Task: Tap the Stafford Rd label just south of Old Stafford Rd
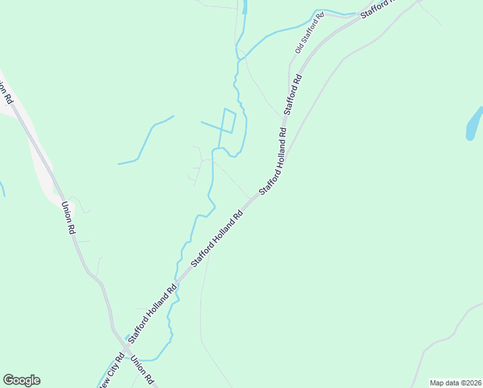(293, 94)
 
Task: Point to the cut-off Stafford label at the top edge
(376, 9)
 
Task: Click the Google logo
(21, 380)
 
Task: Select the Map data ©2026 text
(456, 383)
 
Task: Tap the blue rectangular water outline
(228, 120)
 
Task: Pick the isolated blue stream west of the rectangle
(146, 139)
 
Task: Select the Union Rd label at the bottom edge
(143, 370)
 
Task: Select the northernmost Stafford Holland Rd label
(273, 160)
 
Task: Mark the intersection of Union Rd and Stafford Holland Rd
(125, 347)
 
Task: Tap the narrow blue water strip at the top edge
(244, 6)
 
